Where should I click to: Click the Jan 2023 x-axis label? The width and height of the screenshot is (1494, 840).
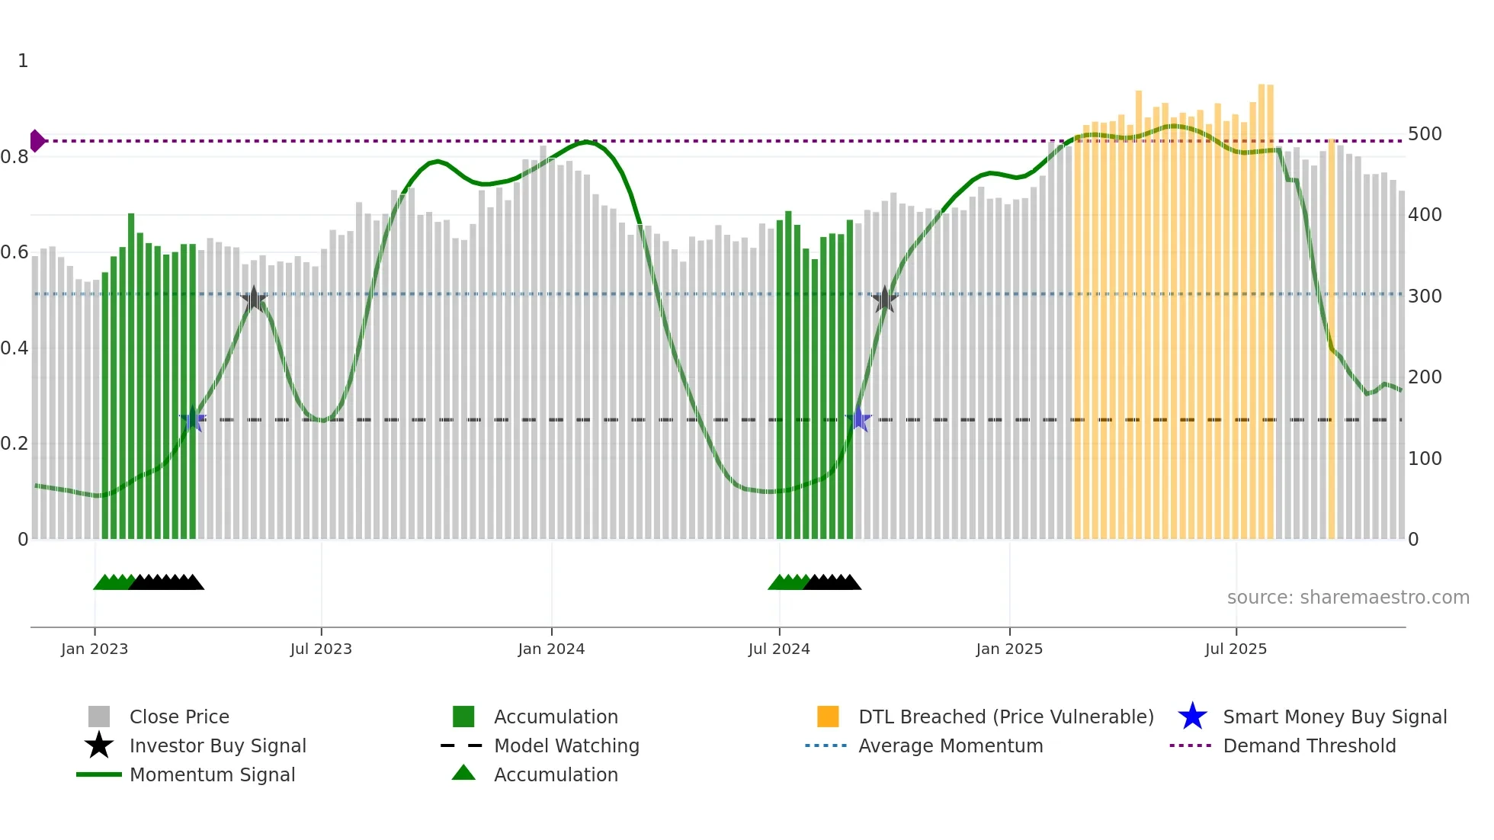95,649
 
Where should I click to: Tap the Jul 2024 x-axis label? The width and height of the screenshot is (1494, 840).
779,649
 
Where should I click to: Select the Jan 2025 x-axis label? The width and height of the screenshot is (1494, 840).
1009,649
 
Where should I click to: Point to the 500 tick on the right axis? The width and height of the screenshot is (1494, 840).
1425,134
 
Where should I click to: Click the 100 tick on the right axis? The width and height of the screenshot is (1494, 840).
1425,459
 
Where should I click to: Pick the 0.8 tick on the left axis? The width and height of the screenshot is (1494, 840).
15,157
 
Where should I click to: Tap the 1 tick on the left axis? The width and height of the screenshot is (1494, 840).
23,61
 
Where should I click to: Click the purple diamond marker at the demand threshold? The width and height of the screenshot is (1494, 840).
37,141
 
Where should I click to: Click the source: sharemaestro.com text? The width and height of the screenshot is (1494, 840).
1348,598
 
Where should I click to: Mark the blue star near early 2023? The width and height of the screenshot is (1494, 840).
193,419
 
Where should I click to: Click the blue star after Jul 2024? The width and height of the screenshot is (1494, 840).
859,419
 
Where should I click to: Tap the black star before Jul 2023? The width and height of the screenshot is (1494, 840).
254,299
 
